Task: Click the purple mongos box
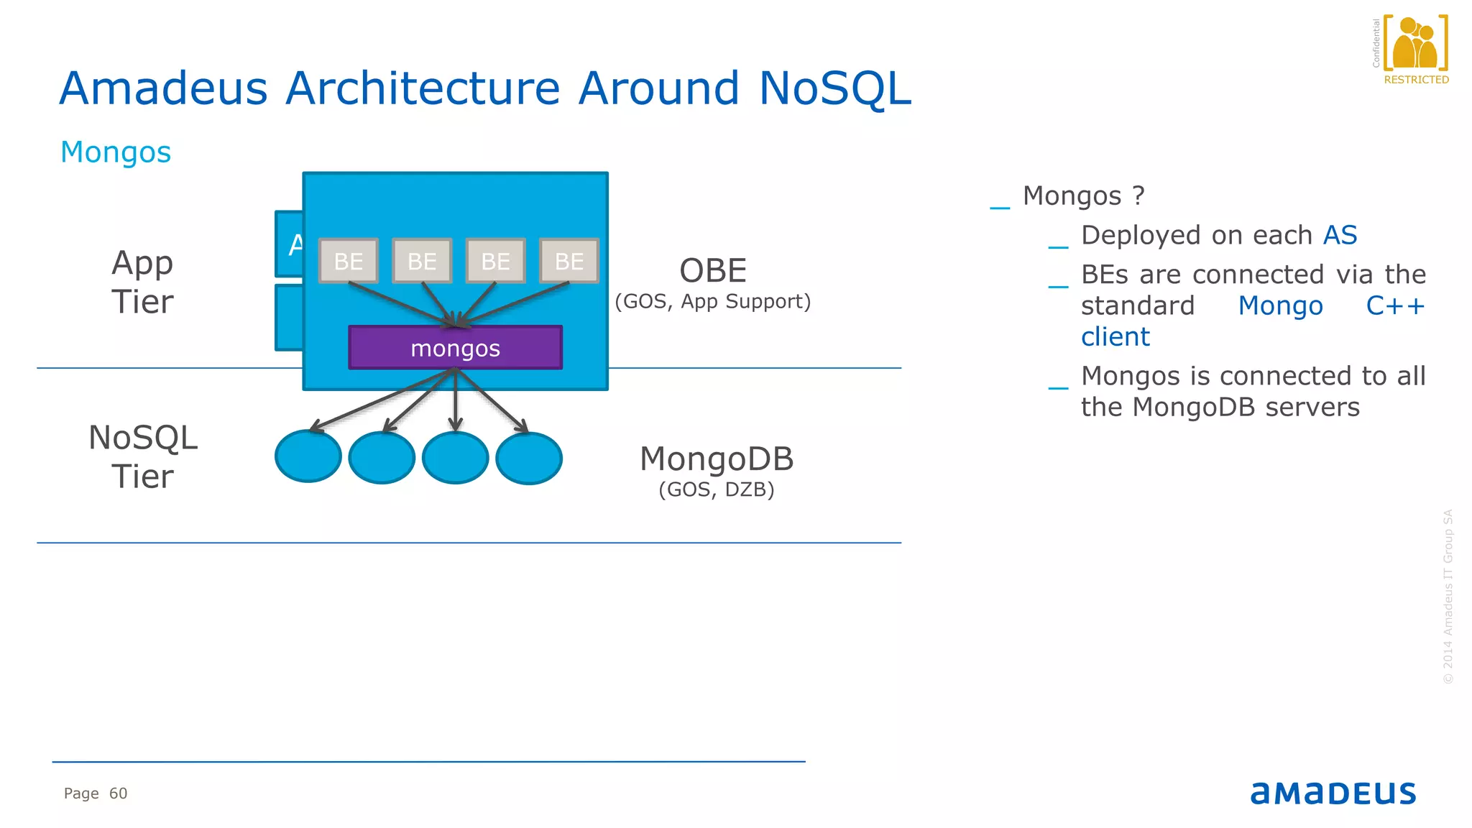coord(455,348)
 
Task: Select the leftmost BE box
coord(349,261)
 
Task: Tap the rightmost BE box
coord(569,261)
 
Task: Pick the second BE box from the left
coord(422,261)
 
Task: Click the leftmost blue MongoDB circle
coord(308,457)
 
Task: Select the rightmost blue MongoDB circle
coord(529,458)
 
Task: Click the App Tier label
coord(142,282)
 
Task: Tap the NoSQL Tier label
coord(142,457)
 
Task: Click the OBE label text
coord(713,271)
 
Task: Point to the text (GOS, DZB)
coord(716,489)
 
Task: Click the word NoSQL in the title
coord(834,88)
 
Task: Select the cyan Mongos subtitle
coord(116,152)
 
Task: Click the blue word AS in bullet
coord(1340,235)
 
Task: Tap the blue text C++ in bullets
coord(1394,305)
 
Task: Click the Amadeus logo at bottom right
coord(1333,793)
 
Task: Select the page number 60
coord(118,793)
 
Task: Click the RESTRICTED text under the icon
coord(1416,80)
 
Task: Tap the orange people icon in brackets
coord(1414,43)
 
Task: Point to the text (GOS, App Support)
coord(712,301)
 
